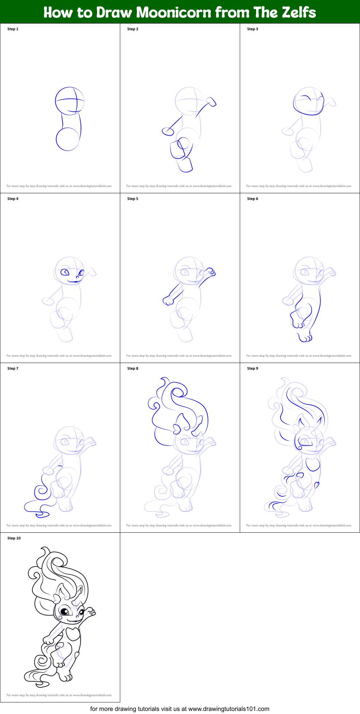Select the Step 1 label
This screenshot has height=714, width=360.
(x=13, y=29)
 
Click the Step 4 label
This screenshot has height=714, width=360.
(x=13, y=199)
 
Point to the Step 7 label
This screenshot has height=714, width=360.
(x=13, y=368)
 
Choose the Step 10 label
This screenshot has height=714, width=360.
(x=14, y=538)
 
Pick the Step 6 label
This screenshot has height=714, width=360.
(x=253, y=199)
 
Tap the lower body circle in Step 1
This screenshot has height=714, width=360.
(x=67, y=139)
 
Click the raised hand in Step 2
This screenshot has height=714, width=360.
(x=211, y=102)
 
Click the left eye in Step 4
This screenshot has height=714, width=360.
(x=65, y=272)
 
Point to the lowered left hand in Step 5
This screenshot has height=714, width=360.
(x=168, y=301)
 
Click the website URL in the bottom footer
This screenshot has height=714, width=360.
(x=229, y=709)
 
